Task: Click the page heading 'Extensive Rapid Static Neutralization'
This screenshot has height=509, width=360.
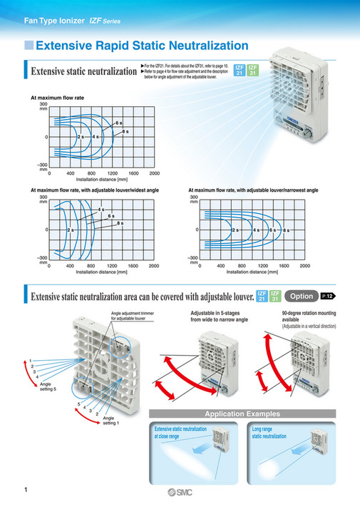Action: pyautogui.click(x=142, y=46)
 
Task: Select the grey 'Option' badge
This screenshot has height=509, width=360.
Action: pyautogui.click(x=300, y=295)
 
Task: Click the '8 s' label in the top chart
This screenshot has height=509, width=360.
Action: pyautogui.click(x=125, y=133)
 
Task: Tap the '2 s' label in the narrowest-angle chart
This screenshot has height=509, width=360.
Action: pyautogui.click(x=235, y=230)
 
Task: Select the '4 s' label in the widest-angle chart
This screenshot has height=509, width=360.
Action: pyautogui.click(x=102, y=210)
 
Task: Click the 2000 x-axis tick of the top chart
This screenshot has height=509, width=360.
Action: pyautogui.click(x=154, y=173)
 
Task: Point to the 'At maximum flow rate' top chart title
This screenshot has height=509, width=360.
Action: pyautogui.click(x=57, y=96)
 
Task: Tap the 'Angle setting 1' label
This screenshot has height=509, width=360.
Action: pyautogui.click(x=112, y=421)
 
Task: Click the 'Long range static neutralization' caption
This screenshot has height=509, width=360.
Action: pyautogui.click(x=269, y=433)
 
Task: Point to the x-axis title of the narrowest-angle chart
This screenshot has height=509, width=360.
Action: pyautogui.click(x=252, y=272)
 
